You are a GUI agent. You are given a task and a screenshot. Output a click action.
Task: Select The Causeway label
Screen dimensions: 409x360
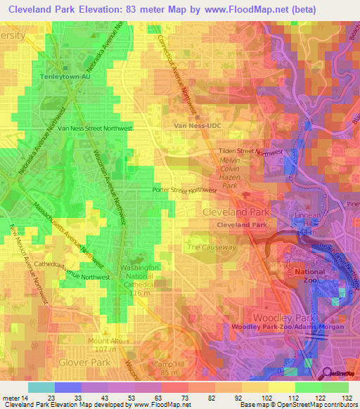211,247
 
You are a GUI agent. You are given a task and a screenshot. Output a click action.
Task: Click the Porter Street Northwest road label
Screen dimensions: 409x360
184,190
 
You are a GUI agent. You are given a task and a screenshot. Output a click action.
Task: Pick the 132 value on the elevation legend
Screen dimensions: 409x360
346,397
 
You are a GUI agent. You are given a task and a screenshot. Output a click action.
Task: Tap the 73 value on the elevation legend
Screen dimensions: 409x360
188,397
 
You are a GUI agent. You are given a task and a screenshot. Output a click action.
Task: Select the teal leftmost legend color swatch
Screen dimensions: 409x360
41,387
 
